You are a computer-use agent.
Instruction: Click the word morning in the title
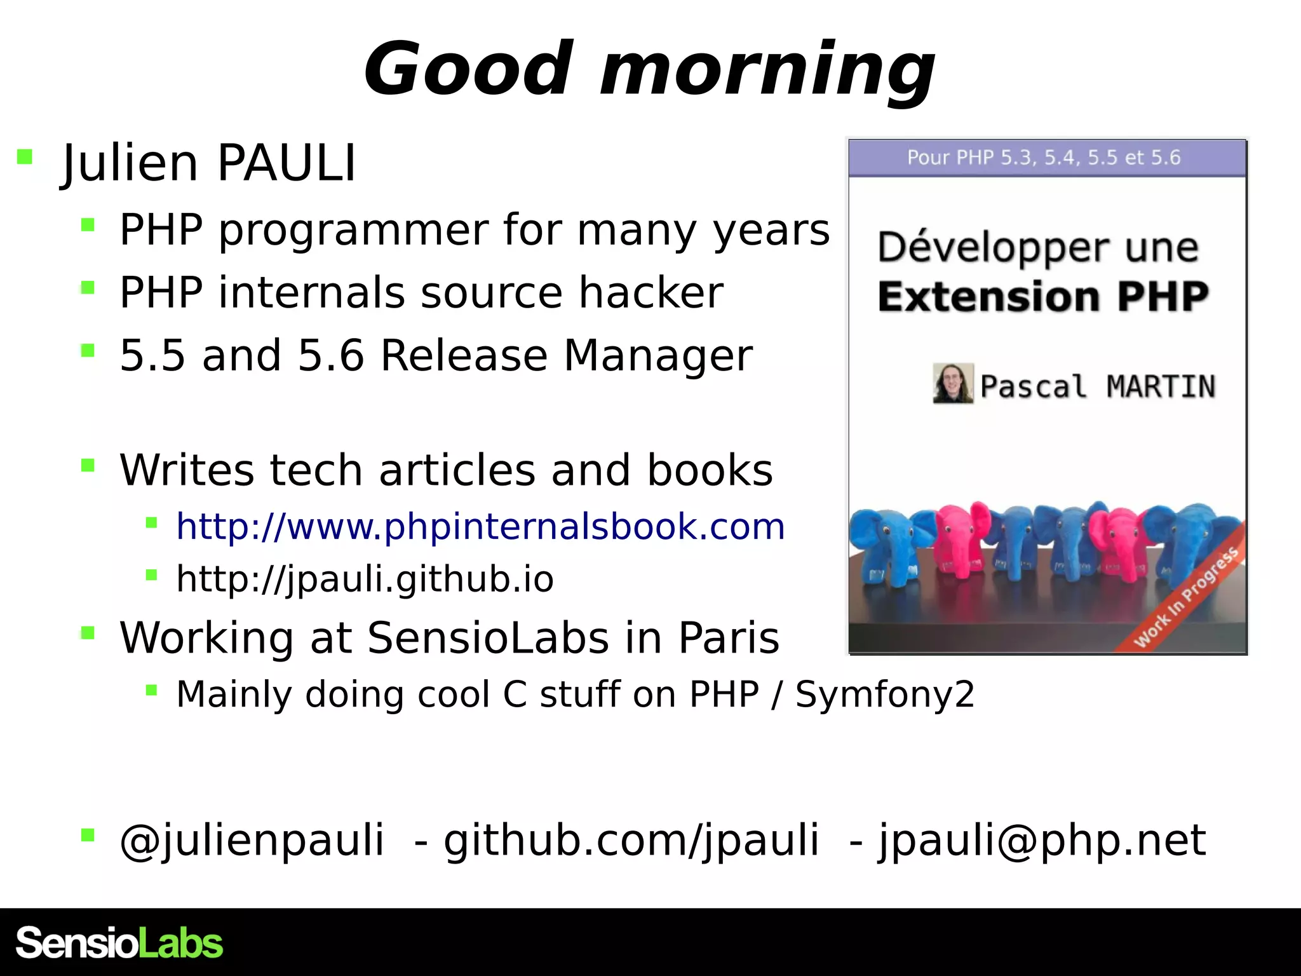[x=767, y=69]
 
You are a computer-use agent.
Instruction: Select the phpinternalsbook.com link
[x=480, y=526]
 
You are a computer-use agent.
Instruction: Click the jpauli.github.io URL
[x=365, y=579]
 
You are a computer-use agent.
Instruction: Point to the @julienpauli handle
[x=252, y=840]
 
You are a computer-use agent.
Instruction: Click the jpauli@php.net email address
[x=1042, y=840]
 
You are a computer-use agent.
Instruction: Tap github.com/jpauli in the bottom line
[x=631, y=840]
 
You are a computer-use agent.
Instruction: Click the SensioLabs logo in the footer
[x=119, y=943]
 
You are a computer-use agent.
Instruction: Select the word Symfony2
[x=884, y=694]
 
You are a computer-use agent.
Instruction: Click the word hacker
[x=650, y=293]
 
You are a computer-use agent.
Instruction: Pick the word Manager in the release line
[x=658, y=355]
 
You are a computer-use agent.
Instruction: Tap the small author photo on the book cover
[x=952, y=383]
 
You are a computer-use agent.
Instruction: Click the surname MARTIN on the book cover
[x=1161, y=386]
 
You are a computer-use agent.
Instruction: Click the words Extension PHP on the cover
[x=1043, y=297]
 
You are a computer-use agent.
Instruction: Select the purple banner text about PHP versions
[x=1043, y=158]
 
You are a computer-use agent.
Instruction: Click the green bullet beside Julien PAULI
[x=25, y=156]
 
